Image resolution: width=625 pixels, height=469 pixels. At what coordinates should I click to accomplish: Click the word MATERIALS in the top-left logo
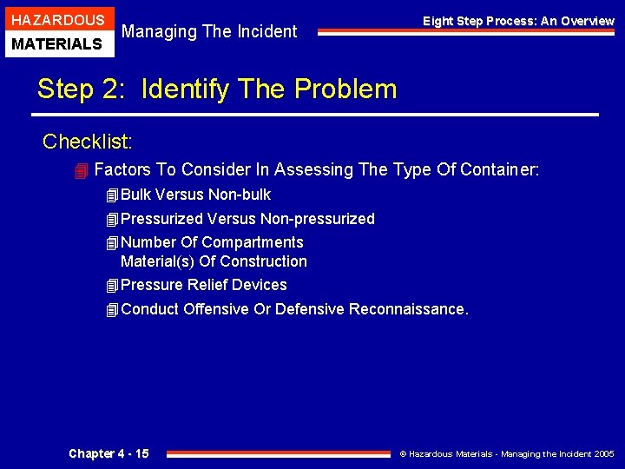57,43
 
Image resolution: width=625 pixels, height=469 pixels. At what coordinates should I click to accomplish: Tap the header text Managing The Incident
209,32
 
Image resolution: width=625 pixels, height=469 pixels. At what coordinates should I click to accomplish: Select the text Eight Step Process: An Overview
518,21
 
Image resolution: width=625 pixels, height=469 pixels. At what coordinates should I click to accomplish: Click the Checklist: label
87,142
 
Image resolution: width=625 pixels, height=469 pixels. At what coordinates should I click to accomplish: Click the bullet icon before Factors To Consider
82,170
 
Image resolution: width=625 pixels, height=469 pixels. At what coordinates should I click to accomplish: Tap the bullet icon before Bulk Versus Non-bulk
110,195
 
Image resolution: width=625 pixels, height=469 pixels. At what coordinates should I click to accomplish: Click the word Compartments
253,242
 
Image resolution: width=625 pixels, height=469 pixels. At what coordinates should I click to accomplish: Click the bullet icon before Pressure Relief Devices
110,286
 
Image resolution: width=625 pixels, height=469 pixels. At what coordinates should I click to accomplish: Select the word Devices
260,285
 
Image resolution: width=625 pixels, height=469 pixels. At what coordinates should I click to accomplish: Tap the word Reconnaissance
408,309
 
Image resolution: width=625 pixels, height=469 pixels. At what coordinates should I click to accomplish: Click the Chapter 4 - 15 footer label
109,453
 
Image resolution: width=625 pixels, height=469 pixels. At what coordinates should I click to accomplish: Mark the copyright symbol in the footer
402,453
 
